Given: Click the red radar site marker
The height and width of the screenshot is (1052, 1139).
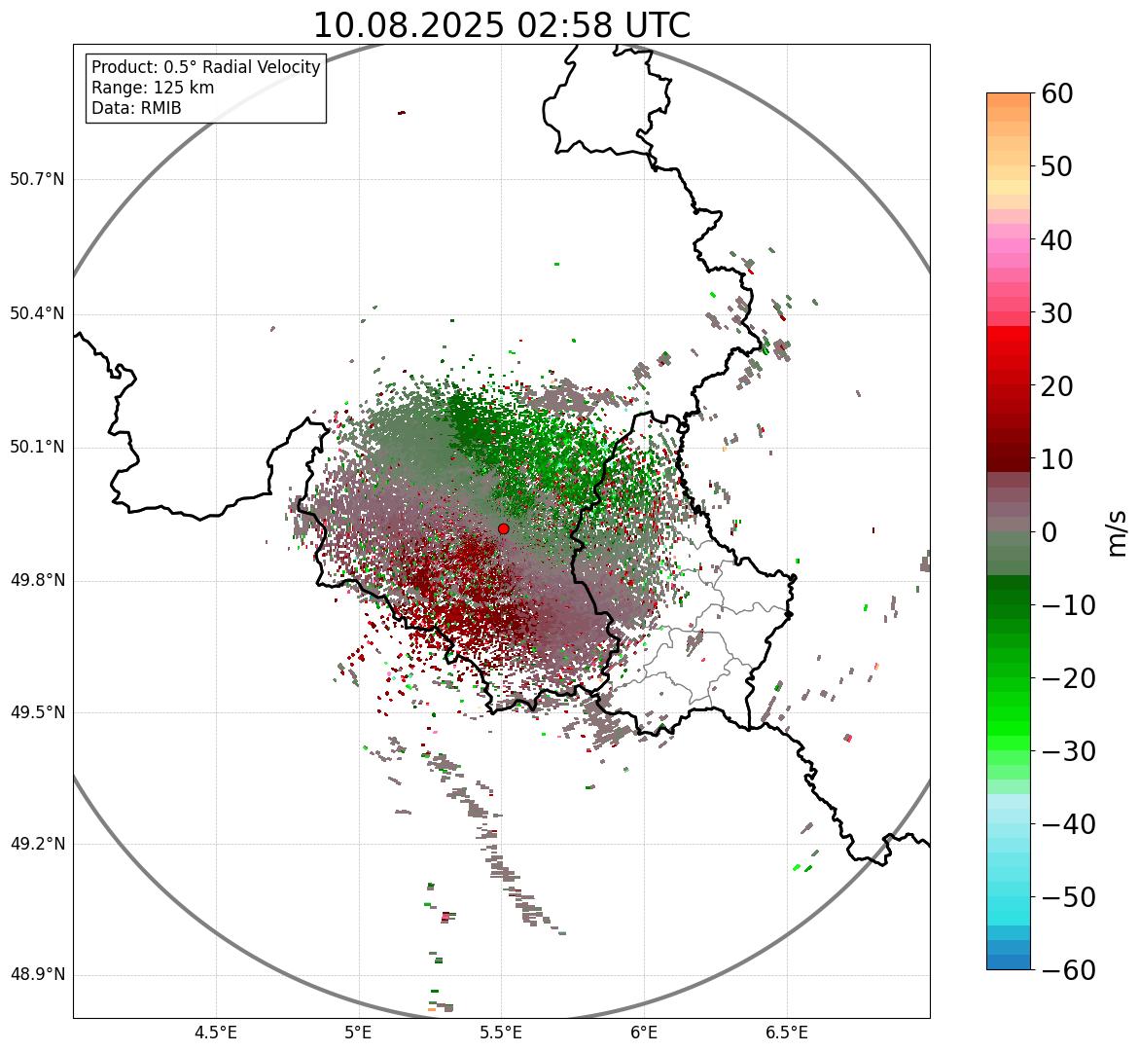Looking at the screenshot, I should click(503, 528).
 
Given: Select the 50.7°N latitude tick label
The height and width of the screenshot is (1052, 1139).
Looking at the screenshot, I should click(37, 180).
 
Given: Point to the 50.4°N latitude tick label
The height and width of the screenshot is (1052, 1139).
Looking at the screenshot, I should click(37, 314).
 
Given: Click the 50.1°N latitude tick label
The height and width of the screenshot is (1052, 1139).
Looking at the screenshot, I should click(37, 448).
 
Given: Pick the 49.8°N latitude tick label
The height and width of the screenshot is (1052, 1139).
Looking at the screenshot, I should click(37, 581).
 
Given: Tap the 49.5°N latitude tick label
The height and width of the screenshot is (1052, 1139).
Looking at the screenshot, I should click(37, 712).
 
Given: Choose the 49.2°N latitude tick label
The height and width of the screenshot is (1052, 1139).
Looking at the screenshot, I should click(37, 844).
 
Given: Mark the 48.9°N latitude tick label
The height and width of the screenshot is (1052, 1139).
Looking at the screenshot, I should click(37, 975).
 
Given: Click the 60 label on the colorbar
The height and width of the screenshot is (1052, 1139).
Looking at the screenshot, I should click(1057, 93).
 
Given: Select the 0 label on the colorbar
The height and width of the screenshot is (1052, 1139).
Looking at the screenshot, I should click(1050, 532).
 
